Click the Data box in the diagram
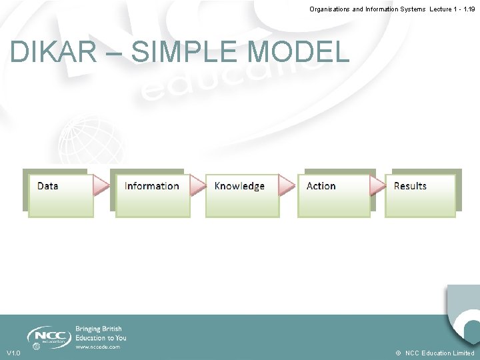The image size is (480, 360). click(60, 195)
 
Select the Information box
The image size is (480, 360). click(152, 195)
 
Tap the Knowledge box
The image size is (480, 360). click(241, 195)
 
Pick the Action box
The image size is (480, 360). click(333, 195)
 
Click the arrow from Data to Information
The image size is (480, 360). click(101, 186)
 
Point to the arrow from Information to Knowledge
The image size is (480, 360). click(198, 186)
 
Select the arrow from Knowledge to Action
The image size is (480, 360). click(287, 186)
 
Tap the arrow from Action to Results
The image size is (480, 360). click(378, 186)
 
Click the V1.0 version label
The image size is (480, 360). click(13, 353)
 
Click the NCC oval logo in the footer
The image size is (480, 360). click(49, 335)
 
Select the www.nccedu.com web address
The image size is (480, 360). click(97, 347)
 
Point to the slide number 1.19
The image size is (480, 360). click(467, 9)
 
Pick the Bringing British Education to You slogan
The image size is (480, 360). click(101, 333)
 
